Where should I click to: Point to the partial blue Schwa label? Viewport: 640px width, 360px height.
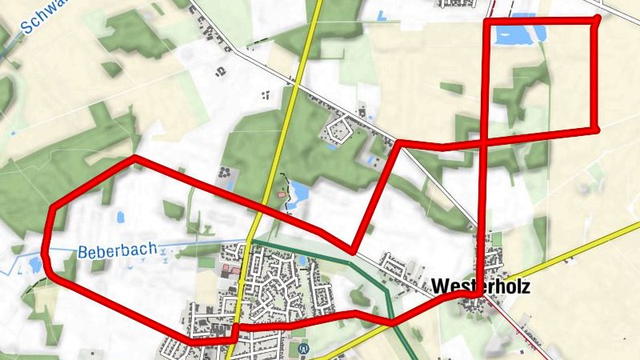[x=40, y=18]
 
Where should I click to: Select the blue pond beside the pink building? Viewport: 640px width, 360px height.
[x=298, y=191]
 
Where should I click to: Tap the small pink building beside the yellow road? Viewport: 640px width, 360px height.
[x=281, y=194]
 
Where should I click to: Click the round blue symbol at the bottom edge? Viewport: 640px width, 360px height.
[x=302, y=348]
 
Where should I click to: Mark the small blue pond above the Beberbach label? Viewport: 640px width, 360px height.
[x=120, y=216]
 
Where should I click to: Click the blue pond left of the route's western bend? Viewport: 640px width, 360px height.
[x=34, y=264]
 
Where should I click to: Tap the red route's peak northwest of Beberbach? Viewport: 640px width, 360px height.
[x=134, y=158]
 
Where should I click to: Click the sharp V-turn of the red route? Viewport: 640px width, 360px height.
[x=352, y=251]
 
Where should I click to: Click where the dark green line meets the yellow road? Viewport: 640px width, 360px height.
[x=249, y=238]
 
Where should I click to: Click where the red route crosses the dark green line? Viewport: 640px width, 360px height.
[x=392, y=321]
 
